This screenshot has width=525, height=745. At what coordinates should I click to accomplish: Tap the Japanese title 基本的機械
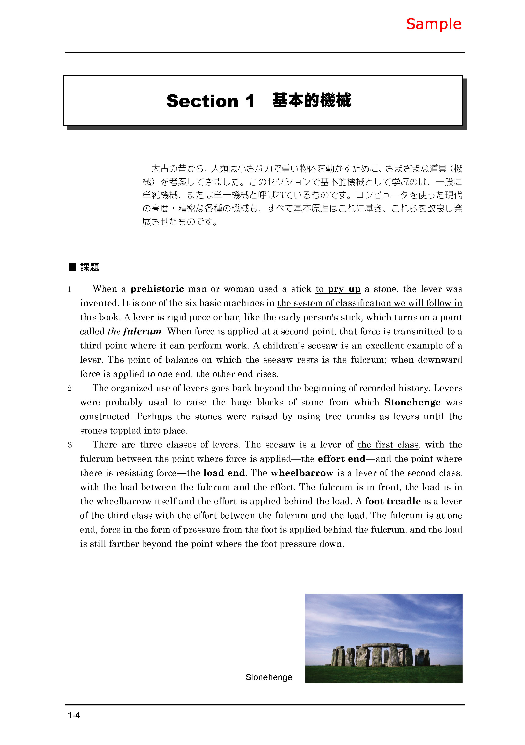pyautogui.click(x=311, y=100)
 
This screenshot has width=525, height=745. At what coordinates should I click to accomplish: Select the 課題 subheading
pyautogui.click(x=90, y=267)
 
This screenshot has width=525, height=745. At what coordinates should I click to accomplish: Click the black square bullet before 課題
pyautogui.click(x=72, y=267)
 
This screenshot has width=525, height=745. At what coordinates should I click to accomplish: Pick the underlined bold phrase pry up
pyautogui.click(x=344, y=289)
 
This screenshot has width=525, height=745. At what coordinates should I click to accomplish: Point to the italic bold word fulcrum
pyautogui.click(x=142, y=331)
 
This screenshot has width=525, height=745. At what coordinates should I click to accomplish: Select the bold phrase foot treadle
pyautogui.click(x=393, y=501)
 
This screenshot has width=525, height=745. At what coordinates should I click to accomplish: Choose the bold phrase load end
pyautogui.click(x=224, y=473)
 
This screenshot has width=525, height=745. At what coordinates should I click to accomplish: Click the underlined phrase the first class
pyautogui.click(x=388, y=445)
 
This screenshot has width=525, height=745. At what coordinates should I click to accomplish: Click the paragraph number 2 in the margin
pyautogui.click(x=69, y=388)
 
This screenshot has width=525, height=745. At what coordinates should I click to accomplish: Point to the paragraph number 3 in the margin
pyautogui.click(x=69, y=445)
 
